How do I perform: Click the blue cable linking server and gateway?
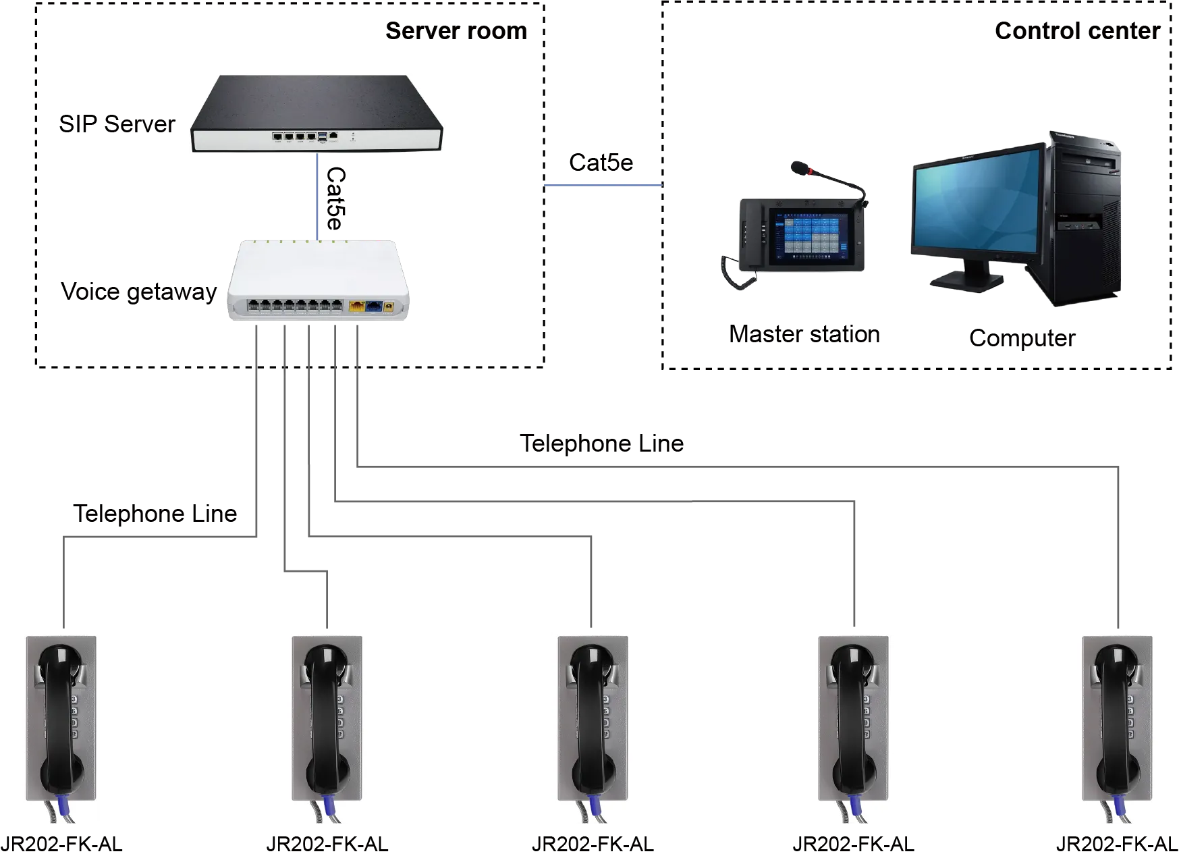point(317,196)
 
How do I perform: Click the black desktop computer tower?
point(1080,223)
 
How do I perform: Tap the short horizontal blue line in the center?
point(603,186)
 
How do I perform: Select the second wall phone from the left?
point(327,729)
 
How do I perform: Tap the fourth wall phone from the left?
point(854,729)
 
